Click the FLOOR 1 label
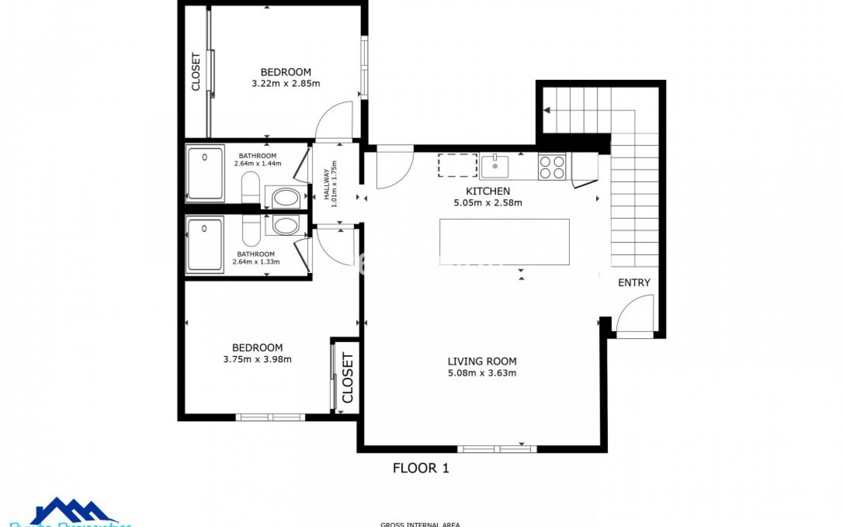[x=421, y=468]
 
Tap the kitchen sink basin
[x=495, y=166]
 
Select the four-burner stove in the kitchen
[x=552, y=167]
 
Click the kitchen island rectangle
[x=504, y=242]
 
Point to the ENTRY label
[x=634, y=283]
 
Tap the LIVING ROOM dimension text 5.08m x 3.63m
[x=482, y=373]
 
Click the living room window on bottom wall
[x=497, y=449]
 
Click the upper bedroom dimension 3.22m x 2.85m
[x=285, y=83]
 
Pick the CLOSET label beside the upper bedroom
[x=196, y=72]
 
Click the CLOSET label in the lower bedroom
[x=347, y=378]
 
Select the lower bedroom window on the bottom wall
[x=270, y=417]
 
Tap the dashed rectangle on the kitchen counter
[x=458, y=165]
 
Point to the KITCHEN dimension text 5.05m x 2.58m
[x=487, y=203]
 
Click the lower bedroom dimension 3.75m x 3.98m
[x=257, y=359]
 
